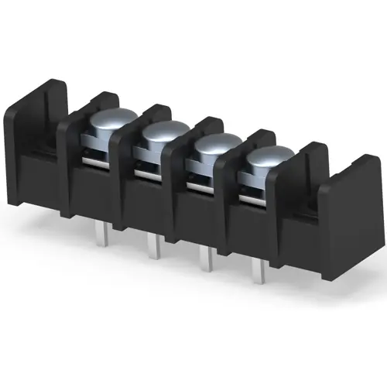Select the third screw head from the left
213,147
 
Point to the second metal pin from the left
153,245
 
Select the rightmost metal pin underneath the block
259,271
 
